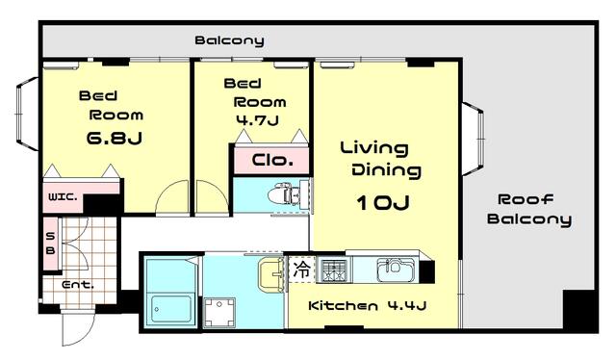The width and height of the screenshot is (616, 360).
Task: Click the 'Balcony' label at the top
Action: [x=229, y=40]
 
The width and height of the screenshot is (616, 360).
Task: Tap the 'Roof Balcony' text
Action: [x=528, y=209]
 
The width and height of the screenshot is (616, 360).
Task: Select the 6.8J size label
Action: [x=114, y=138]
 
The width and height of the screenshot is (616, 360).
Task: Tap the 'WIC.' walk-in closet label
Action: [x=63, y=199]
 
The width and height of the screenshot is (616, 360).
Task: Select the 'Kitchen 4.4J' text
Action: [x=367, y=306]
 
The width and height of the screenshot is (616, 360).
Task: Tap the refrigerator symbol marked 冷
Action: [x=302, y=270]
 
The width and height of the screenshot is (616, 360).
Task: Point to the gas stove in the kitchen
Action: [x=333, y=270]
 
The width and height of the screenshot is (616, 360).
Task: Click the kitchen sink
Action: [x=396, y=269]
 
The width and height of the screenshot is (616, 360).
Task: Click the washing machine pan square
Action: [x=220, y=312]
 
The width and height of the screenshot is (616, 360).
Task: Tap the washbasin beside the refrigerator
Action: [x=270, y=276]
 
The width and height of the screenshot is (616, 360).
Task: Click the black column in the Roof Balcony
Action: [x=580, y=311]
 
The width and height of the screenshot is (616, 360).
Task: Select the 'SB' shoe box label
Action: [x=50, y=242]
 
